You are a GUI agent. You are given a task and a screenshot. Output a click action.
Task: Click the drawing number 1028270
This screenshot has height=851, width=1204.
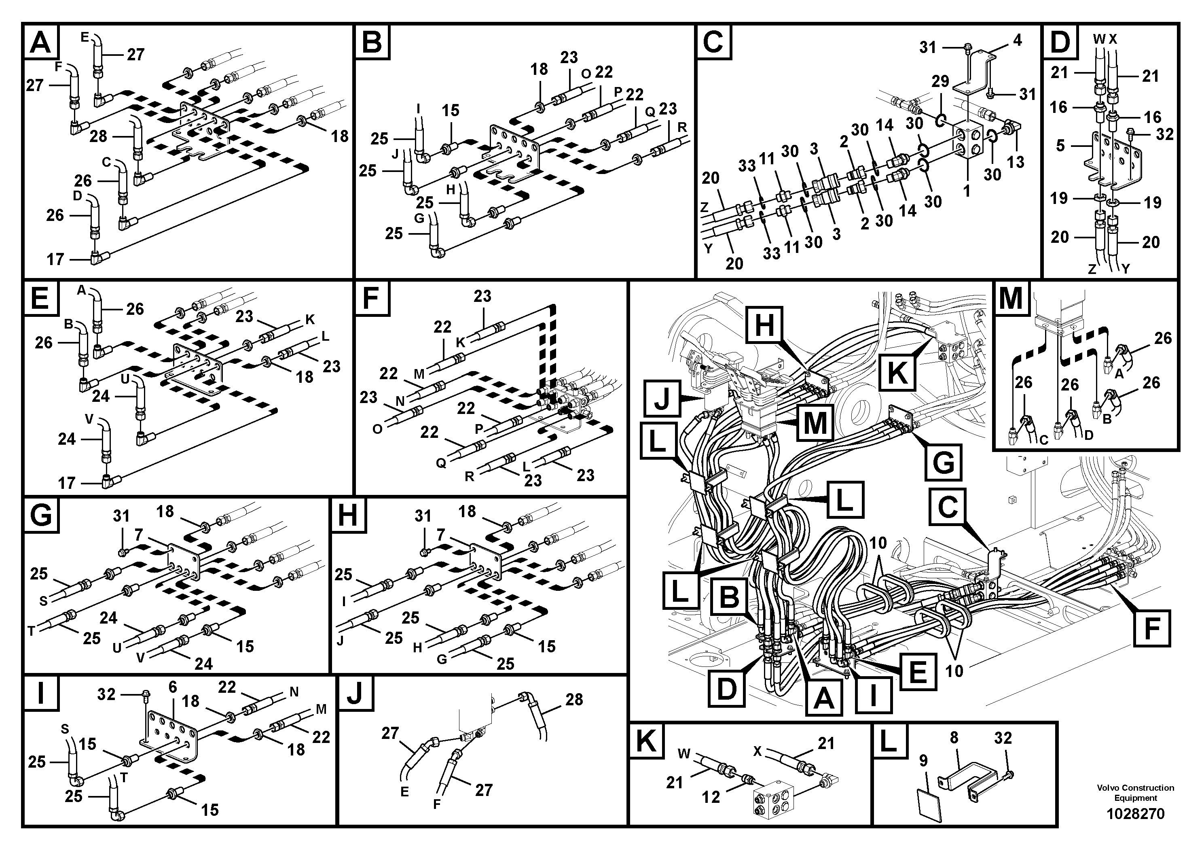coord(1135,814)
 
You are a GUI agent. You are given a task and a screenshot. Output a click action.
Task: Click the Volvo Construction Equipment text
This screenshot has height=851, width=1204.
coord(1135,793)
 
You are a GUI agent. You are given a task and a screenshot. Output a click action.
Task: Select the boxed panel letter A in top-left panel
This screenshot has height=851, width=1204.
coord(41,42)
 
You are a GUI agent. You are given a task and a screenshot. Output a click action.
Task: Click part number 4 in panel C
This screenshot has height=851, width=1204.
coord(1017,40)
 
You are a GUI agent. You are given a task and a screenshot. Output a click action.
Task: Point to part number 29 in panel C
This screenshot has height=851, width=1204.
coord(940,81)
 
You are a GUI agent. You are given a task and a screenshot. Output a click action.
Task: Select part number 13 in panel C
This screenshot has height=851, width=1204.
coord(1015,162)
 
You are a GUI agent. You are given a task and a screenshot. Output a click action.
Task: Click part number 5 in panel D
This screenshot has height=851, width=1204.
coord(1060,145)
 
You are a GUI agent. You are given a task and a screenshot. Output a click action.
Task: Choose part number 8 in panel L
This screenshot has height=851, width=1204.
coord(954,738)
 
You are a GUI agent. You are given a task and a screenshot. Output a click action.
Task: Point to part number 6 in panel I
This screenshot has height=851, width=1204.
coord(173,687)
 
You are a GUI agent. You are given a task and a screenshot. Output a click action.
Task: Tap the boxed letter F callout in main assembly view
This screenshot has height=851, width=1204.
coord(1151,628)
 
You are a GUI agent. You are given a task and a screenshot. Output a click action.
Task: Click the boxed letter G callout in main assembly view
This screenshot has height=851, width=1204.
coord(943,463)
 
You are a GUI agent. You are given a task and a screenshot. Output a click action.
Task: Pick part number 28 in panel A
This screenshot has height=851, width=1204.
coord(98,136)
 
